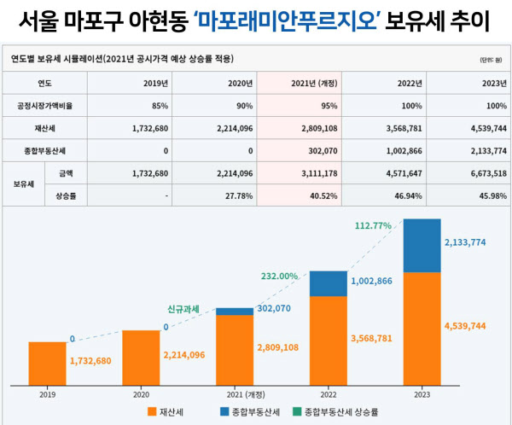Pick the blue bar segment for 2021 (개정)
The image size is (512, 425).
(234, 311)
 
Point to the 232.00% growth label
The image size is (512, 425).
(280, 276)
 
